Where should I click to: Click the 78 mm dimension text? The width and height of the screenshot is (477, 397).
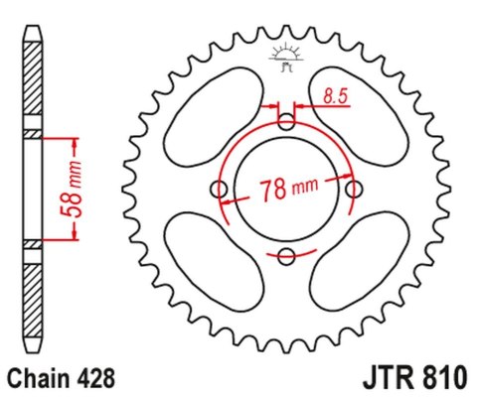pos(288,189)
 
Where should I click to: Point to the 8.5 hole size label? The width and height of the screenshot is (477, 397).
pos(335,96)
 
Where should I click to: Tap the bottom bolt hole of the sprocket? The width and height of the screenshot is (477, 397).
pos(287,258)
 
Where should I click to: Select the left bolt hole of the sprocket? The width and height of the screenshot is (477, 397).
pos(220,190)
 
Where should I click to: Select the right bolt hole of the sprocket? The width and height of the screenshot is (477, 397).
pos(355,190)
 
